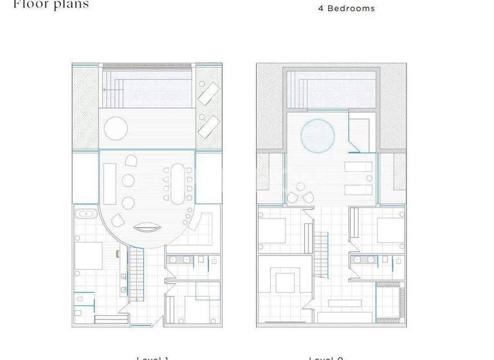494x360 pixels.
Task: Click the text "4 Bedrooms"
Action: (x=346, y=8)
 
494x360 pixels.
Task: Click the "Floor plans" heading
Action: (x=51, y=4)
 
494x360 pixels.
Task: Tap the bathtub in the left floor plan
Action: (x=86, y=214)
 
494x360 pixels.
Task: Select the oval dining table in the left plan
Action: (x=177, y=183)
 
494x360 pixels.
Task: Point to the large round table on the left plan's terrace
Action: (x=115, y=127)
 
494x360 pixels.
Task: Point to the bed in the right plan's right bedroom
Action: (x=389, y=230)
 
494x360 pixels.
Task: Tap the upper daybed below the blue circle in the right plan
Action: (x=356, y=169)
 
